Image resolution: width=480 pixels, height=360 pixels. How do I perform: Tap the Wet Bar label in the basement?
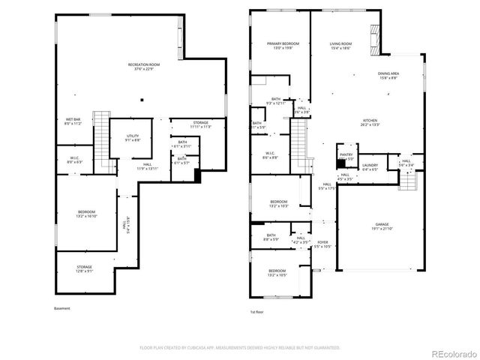click(x=73, y=121)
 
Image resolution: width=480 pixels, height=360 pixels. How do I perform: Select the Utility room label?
click(x=132, y=137)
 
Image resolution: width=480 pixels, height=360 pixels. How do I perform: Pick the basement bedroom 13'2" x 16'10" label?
click(x=86, y=214)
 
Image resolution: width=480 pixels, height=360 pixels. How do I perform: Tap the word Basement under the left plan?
click(x=62, y=309)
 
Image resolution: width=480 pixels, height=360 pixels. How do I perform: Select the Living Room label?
click(x=341, y=46)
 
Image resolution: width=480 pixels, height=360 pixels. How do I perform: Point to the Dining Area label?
click(x=388, y=76)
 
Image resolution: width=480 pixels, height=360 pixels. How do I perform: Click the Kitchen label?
click(x=370, y=123)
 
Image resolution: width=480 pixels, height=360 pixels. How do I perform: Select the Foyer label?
click(x=322, y=244)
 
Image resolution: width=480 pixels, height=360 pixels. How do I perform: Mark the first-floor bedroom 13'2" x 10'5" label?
click(x=278, y=273)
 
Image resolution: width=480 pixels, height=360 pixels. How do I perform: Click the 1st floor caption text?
click(x=257, y=311)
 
